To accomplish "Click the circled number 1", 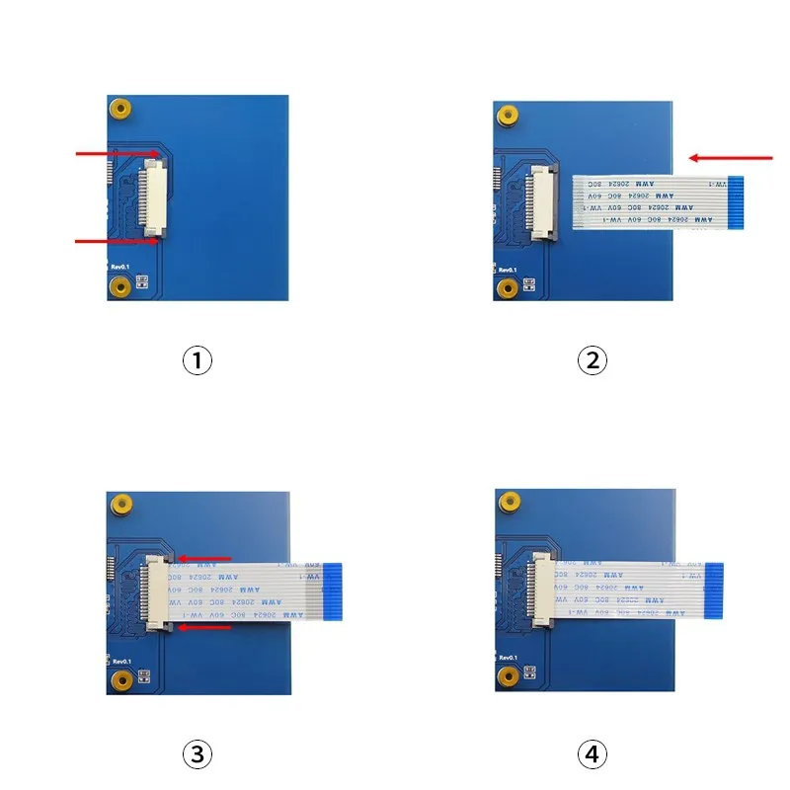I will point(197,360).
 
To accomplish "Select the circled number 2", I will point(592,360).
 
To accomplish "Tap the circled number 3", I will point(197,755).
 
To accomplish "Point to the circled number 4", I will point(592,755).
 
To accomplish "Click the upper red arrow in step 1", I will point(117,154).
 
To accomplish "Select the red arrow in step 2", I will point(731,157).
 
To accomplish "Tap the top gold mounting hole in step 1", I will point(120,108).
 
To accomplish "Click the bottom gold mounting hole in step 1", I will point(119,286).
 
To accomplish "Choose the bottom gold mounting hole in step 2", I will point(507,287).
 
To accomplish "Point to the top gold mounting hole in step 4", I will point(508,501).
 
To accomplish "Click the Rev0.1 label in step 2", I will point(508,270).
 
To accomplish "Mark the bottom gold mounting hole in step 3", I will point(119,680).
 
